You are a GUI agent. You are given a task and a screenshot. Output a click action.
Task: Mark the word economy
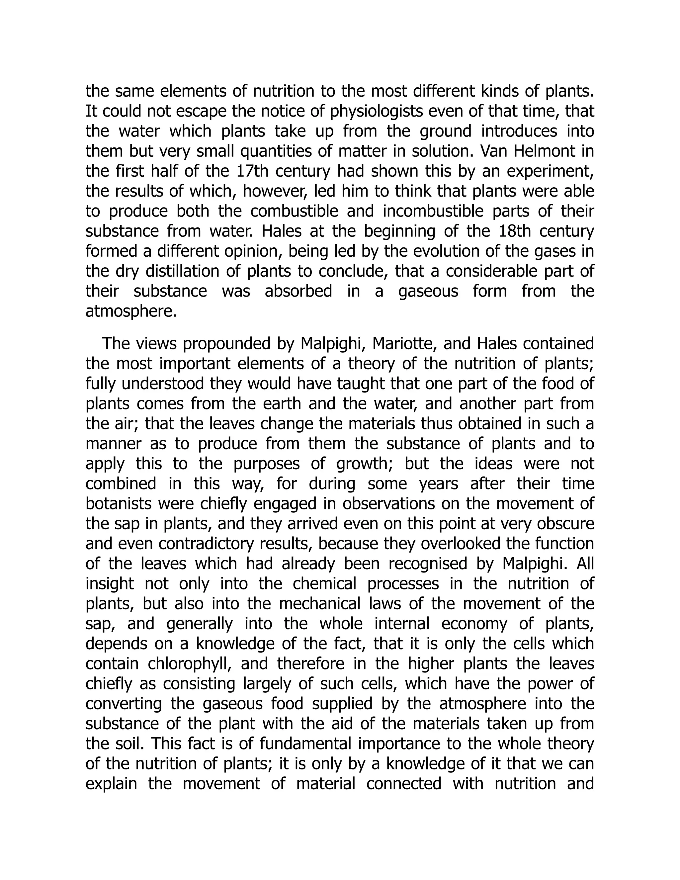pyautogui.click(x=474, y=624)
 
